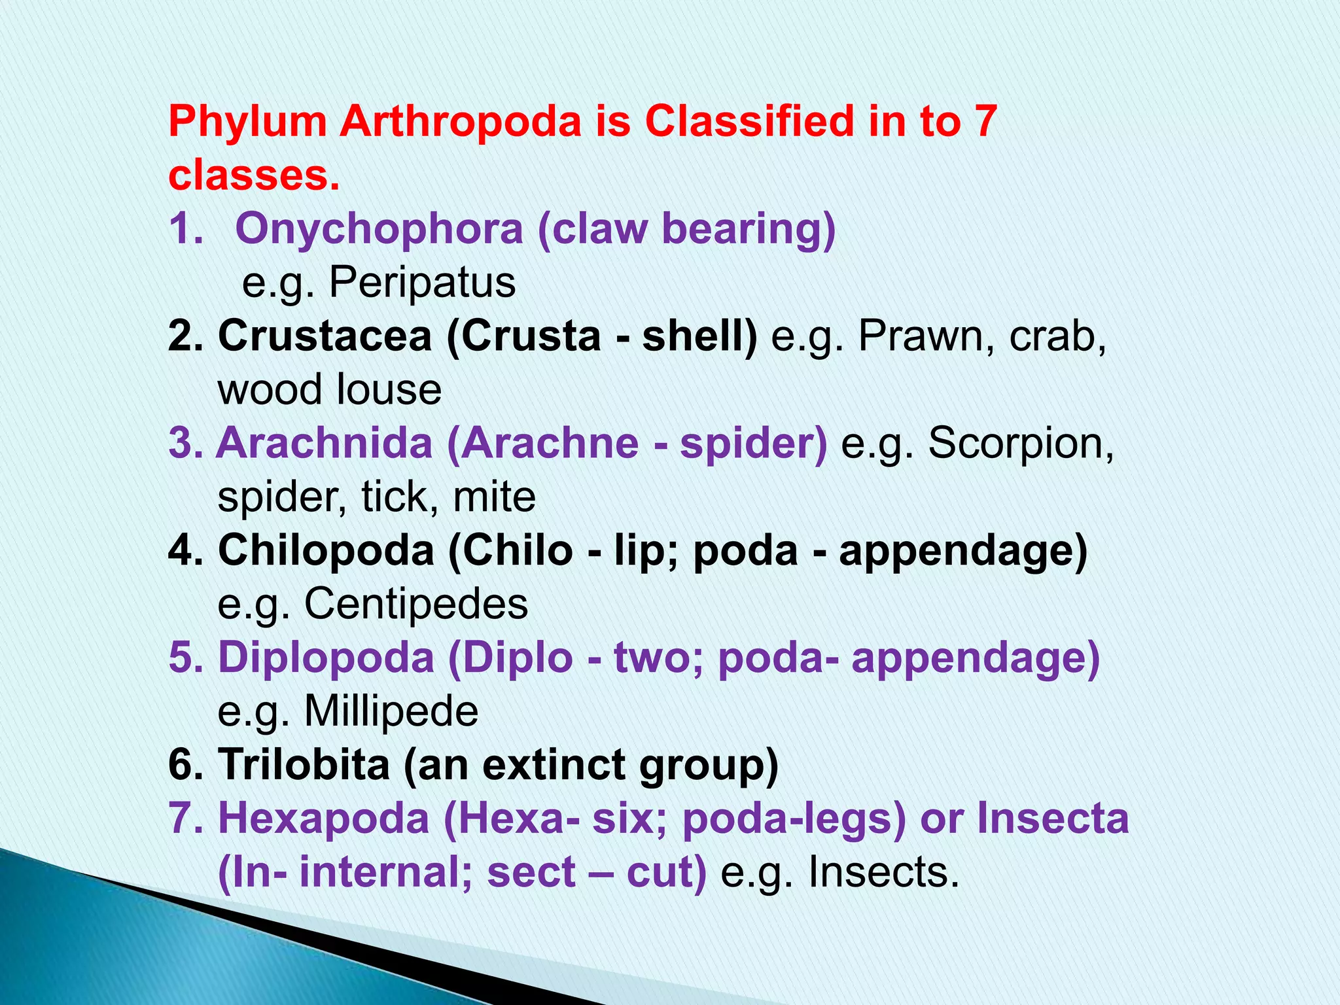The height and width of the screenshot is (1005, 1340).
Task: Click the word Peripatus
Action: tap(422, 283)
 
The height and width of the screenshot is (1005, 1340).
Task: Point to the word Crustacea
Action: tap(325, 336)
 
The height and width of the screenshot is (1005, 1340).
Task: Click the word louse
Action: tap(389, 390)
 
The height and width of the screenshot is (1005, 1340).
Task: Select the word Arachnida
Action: tap(325, 444)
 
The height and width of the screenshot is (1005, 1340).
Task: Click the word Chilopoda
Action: tap(326, 551)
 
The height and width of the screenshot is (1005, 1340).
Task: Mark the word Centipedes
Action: tap(416, 605)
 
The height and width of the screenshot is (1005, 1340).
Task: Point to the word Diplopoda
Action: tap(326, 658)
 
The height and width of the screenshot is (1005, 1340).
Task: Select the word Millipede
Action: tap(391, 712)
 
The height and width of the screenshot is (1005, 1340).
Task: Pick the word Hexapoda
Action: tap(323, 819)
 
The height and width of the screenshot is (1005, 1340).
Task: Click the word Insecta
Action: tap(1053, 819)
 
